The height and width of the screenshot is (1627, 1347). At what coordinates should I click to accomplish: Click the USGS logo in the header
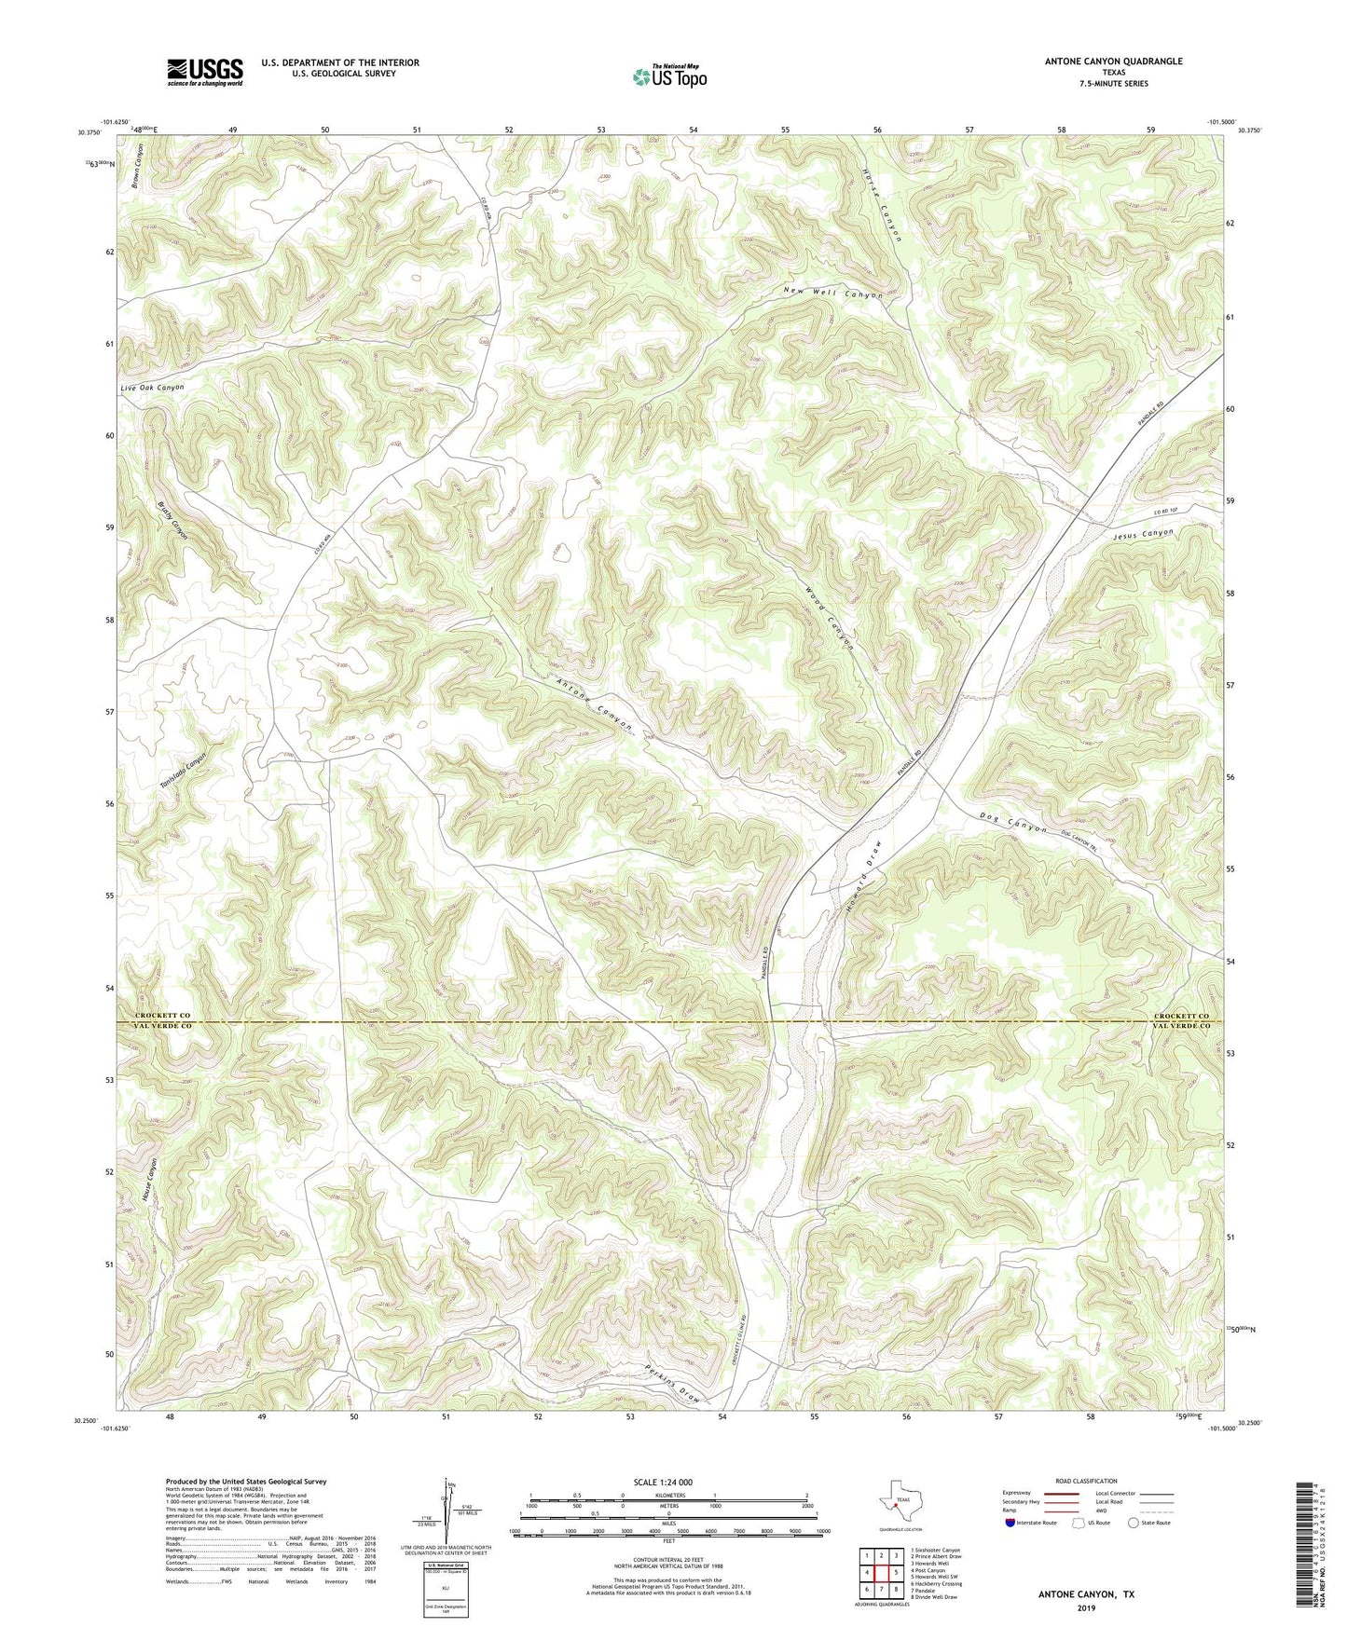point(204,72)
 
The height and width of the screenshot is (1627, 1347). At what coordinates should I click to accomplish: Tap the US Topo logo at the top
point(669,76)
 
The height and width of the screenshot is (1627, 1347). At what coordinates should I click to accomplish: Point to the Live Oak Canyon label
point(152,388)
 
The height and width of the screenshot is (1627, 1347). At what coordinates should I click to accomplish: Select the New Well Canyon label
point(832,294)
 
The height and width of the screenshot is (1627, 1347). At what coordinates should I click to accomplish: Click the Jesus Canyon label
point(1143,535)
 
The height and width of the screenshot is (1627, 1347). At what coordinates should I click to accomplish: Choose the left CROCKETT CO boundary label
point(162,1015)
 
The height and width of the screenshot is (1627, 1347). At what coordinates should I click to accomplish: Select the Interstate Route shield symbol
point(1010,1523)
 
